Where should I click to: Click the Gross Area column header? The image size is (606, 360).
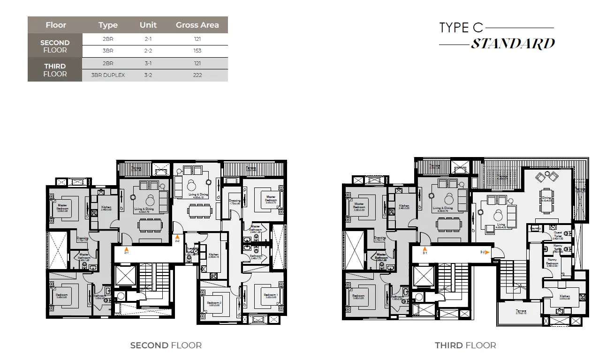point(197,25)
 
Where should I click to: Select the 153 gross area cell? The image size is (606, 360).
point(197,51)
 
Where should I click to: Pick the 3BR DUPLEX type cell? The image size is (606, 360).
point(108,75)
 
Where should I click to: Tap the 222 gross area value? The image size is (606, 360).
point(197,75)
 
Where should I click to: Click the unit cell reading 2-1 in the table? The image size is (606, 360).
point(148,39)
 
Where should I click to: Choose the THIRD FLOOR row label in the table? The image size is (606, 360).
point(55,70)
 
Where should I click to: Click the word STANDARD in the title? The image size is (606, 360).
point(513,44)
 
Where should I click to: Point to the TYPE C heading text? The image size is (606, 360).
point(461,28)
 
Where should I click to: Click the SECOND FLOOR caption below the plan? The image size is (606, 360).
point(166,345)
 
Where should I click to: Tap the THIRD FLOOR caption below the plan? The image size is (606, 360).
point(465,345)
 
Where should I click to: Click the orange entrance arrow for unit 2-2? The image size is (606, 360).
point(177,237)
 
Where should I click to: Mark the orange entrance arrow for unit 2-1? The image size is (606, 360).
point(126,249)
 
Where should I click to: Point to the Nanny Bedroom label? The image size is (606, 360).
point(552,262)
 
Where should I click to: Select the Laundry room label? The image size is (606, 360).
point(535,228)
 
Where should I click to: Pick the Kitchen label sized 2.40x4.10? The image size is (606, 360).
point(213,255)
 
